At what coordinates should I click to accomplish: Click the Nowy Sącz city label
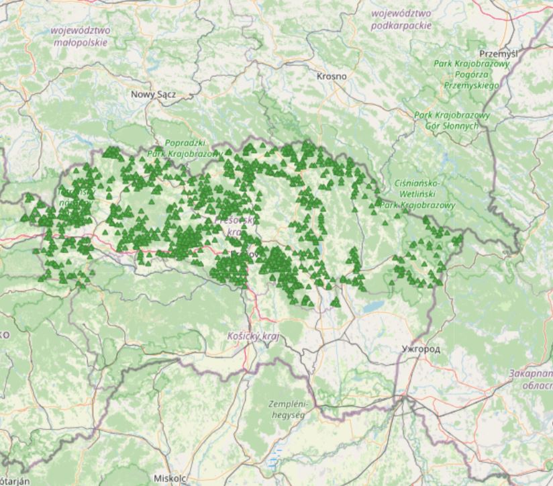153,95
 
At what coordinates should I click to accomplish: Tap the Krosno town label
332,77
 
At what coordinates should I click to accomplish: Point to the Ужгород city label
420,349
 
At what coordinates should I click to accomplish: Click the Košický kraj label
252,336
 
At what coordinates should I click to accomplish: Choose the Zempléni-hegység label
287,409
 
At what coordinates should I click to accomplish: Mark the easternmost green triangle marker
459,238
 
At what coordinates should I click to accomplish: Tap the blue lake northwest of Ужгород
373,306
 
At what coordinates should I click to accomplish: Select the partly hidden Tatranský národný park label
75,197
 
